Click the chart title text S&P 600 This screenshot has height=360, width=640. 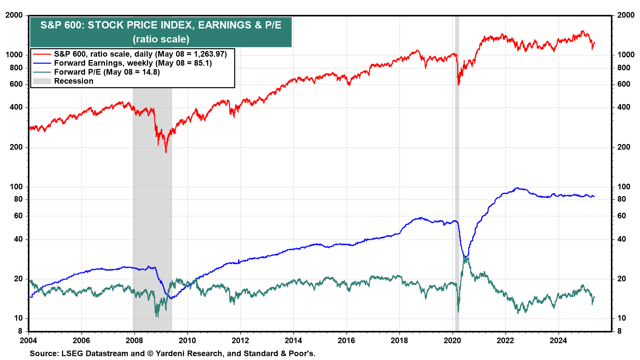coord(161,25)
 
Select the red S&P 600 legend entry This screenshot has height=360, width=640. coord(140,54)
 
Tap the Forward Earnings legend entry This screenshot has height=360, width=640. coord(133,63)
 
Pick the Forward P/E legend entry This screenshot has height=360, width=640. coord(107,72)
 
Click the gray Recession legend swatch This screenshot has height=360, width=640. coord(42,81)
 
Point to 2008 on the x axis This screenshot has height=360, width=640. coord(134,340)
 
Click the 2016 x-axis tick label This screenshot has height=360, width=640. coord(346,340)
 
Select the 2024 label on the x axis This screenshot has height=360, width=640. coord(558,340)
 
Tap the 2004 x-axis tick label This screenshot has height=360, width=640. coord(28,340)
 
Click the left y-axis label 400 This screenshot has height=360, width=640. coord(16,107)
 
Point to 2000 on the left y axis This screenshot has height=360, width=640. coord(14,15)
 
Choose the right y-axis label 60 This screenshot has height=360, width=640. coord(622,216)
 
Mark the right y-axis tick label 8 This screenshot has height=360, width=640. coord(619,331)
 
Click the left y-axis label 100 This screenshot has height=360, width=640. coord(16,187)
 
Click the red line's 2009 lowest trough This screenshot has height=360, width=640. coord(166,152)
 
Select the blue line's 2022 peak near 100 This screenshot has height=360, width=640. coord(517,188)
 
